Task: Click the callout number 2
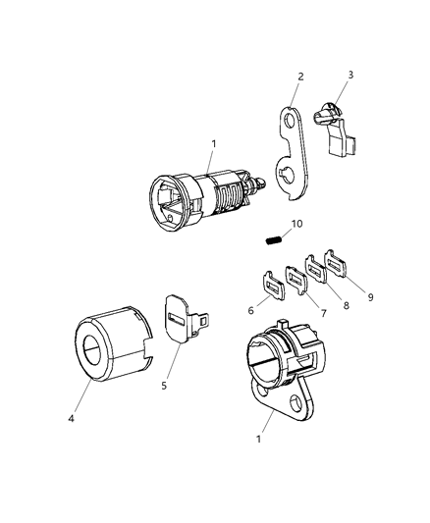tap(300, 77)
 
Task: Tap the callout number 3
tap(351, 75)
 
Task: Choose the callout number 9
tap(370, 297)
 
